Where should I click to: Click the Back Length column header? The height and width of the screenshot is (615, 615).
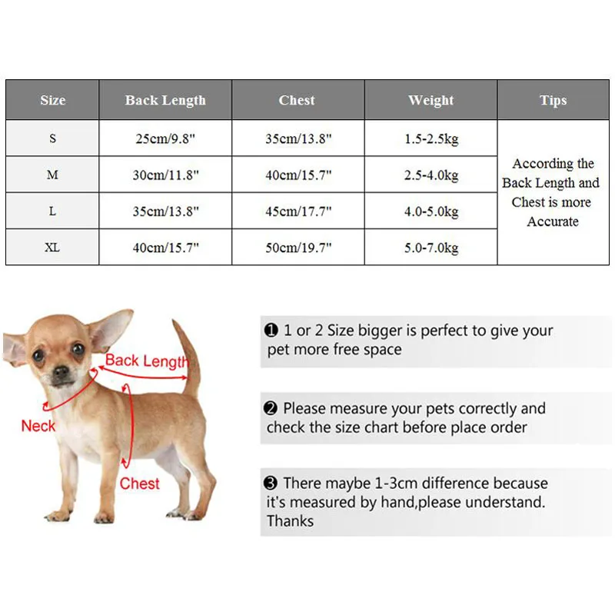(165, 100)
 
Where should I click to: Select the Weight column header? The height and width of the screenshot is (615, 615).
(431, 100)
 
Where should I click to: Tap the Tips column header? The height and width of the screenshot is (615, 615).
(553, 100)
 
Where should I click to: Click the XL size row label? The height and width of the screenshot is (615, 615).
(52, 248)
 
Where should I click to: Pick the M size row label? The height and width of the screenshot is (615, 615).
(52, 175)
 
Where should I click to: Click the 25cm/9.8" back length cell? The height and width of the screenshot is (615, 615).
(165, 139)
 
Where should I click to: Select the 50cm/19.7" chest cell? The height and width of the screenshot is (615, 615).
(298, 248)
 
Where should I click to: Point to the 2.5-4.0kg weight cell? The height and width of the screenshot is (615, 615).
(431, 175)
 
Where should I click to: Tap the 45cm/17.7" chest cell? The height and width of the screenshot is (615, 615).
(298, 211)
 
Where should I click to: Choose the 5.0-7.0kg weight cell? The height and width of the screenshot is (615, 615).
(431, 248)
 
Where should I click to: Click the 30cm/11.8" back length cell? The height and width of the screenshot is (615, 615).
(165, 175)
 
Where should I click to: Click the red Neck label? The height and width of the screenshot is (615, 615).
(38, 425)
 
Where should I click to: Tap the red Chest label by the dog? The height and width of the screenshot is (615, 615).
(139, 484)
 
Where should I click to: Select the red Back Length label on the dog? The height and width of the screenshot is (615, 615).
(146, 361)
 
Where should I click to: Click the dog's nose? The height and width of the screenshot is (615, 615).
(61, 372)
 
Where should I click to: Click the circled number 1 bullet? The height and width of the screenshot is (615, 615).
(271, 331)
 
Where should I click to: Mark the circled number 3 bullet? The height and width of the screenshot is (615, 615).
(271, 484)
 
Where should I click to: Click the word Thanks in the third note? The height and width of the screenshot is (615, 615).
(291, 521)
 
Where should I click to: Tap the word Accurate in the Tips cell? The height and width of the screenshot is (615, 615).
(553, 221)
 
